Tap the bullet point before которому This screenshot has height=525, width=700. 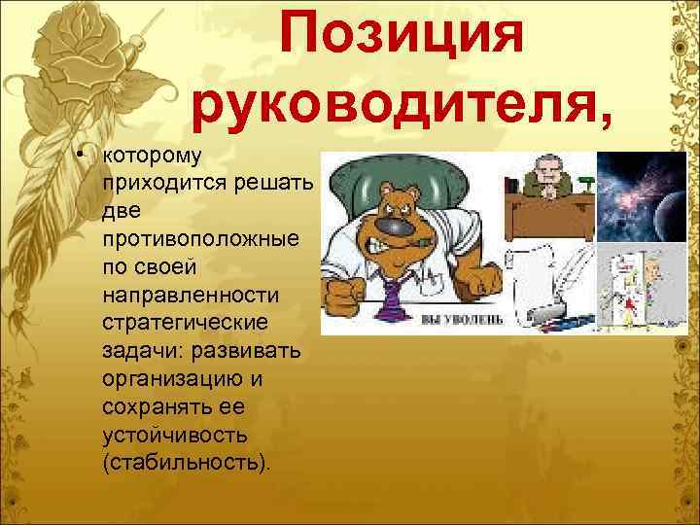87,158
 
